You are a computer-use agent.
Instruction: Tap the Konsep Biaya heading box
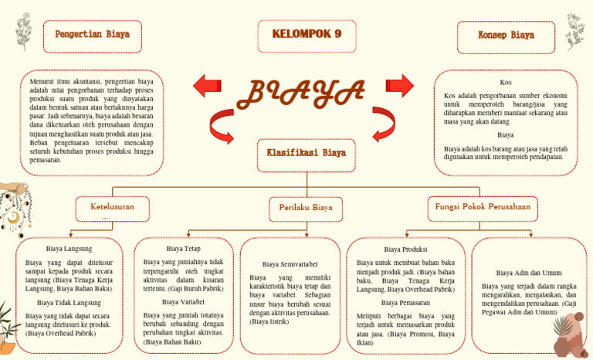(506, 36)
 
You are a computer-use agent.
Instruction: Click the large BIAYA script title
(301, 93)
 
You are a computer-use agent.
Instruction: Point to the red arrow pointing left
(207, 86)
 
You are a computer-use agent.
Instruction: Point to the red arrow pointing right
(400, 85)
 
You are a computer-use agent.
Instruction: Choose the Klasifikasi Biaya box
(307, 154)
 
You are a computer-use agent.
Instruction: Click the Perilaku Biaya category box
(306, 209)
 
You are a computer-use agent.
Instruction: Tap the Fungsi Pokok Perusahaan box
(483, 208)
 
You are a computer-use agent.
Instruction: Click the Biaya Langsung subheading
(69, 249)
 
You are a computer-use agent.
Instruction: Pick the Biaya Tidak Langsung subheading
(69, 302)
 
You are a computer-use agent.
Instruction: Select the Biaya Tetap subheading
(183, 249)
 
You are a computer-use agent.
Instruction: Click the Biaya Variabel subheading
(183, 301)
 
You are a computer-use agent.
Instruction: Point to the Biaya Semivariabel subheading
(290, 264)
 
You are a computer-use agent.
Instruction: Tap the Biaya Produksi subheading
(405, 250)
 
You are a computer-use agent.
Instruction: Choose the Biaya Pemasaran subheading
(405, 303)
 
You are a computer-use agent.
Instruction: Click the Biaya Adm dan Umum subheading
(529, 273)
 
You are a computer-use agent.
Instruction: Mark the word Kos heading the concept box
(506, 82)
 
